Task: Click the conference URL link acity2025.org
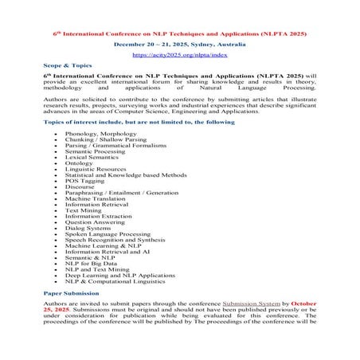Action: click(x=179, y=57)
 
